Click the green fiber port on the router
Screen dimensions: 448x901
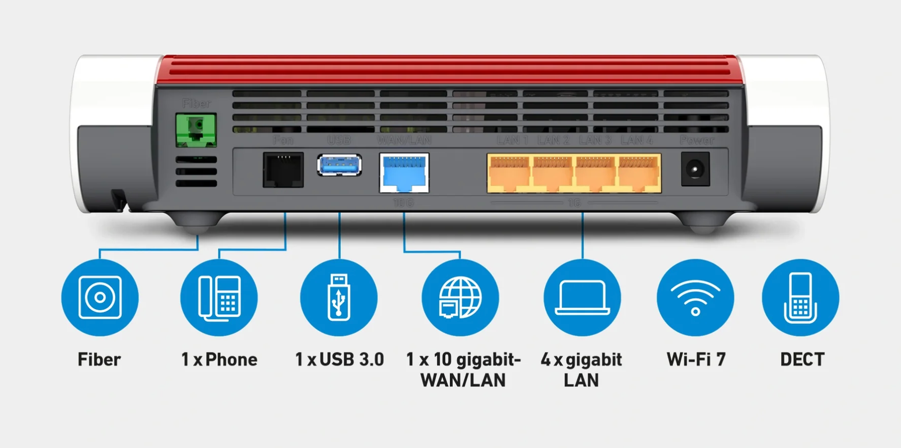tap(196, 130)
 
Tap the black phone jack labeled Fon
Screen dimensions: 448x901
tap(283, 170)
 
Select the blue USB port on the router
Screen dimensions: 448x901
tap(339, 165)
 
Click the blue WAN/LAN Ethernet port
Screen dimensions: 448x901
tap(404, 173)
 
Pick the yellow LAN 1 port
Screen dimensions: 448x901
tap(509, 173)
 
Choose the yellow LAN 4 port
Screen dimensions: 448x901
tap(639, 173)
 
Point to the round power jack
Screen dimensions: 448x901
tap(695, 169)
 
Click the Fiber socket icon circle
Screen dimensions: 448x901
tap(100, 297)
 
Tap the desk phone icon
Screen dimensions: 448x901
tap(219, 297)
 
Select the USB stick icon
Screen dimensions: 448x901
tap(339, 297)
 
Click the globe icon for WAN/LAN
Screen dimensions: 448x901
tap(460, 297)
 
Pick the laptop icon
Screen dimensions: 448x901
tap(582, 297)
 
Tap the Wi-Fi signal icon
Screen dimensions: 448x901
tap(695, 297)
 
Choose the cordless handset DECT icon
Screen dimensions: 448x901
tap(800, 297)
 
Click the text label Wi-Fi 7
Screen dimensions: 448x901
tap(696, 360)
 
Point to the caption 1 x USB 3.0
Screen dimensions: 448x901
tap(339, 360)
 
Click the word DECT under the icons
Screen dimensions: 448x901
tap(802, 360)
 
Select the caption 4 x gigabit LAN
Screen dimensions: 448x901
tap(582, 370)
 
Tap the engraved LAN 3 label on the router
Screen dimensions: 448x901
tap(595, 140)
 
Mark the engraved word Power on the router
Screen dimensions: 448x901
tap(697, 140)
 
